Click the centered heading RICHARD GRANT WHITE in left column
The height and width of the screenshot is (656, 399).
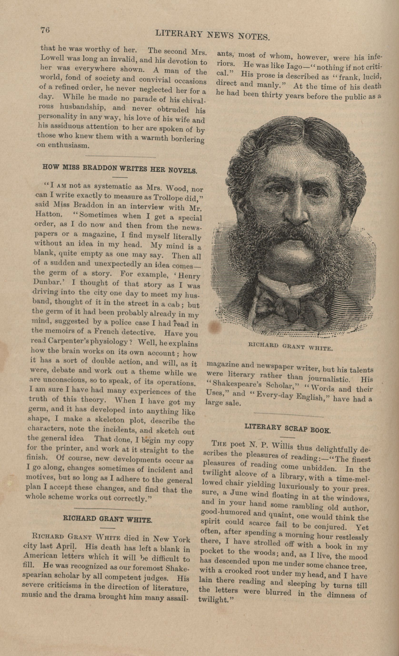[x=107, y=519]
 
